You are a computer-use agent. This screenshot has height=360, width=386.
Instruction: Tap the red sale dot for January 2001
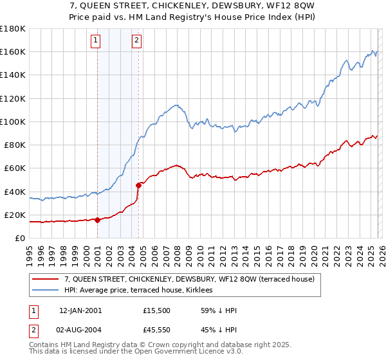point(97,220)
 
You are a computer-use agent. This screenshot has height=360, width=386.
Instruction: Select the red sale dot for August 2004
point(138,185)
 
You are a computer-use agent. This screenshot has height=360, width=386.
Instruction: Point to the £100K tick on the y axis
point(12,122)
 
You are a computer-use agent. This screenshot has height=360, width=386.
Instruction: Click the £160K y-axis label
point(12,51)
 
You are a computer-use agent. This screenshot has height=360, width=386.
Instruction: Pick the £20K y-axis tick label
point(14,215)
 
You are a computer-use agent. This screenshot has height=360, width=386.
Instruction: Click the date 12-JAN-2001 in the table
point(80,310)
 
